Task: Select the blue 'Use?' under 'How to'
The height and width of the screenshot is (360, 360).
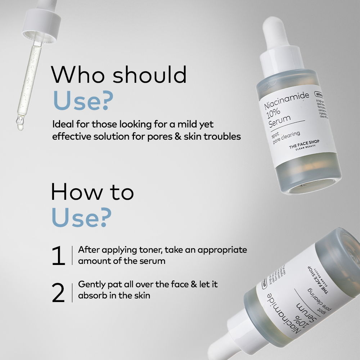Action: coord(81,217)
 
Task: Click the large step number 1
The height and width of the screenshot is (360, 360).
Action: coord(58,256)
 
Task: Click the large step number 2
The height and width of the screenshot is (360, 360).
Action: coord(58,293)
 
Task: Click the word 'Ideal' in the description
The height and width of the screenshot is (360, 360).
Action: coord(62,125)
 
